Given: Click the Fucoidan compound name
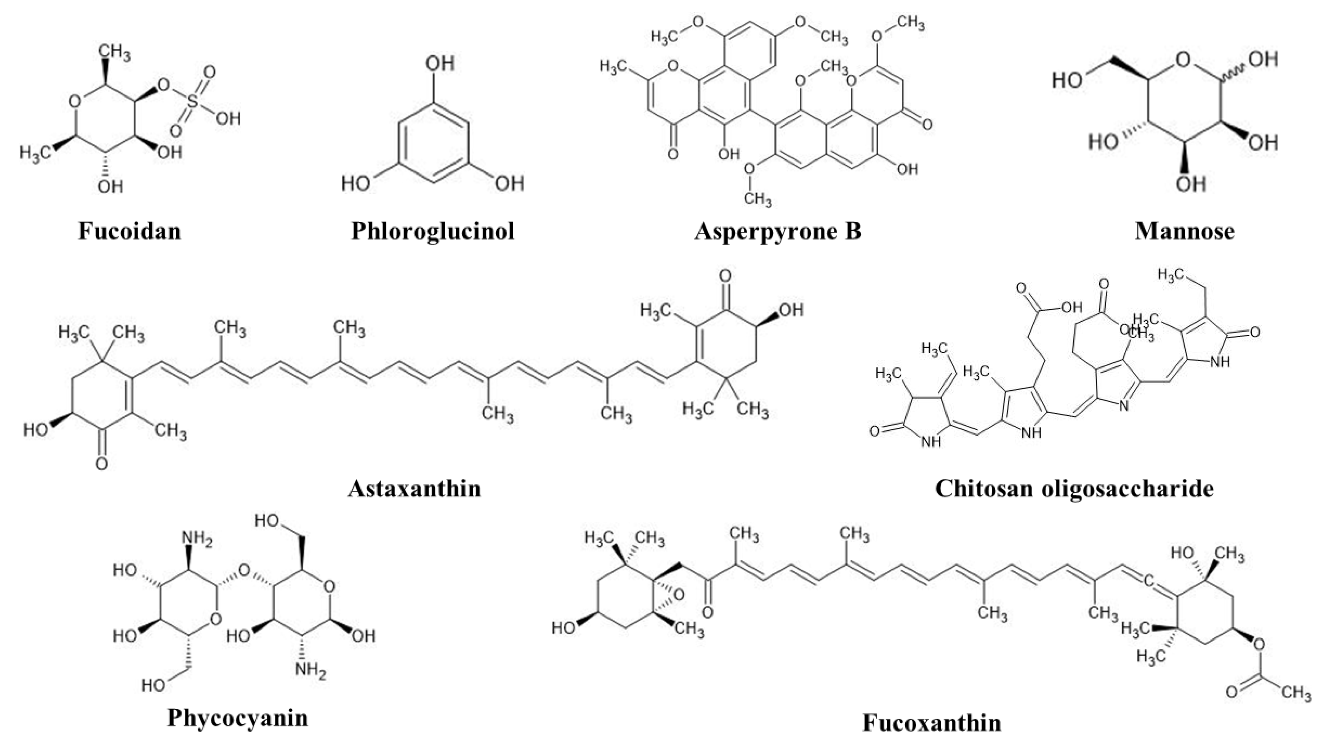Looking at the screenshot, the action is [x=129, y=231].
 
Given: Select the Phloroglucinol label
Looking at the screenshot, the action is [x=433, y=231].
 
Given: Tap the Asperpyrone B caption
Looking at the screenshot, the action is [x=778, y=231].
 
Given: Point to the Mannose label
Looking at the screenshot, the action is [x=1185, y=231].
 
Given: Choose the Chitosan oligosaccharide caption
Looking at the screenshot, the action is [x=1074, y=488].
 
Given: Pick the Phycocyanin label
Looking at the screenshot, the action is [x=238, y=717].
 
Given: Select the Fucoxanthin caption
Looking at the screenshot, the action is [x=932, y=722].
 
